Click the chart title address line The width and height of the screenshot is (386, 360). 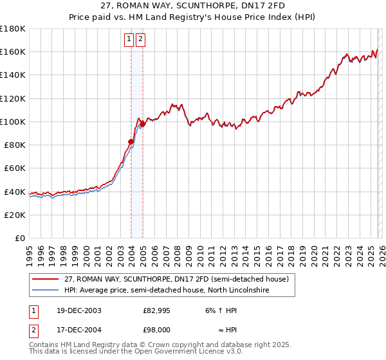(x=192, y=4)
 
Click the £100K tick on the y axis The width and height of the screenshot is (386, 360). (x=13, y=122)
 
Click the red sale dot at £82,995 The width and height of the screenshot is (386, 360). (x=131, y=141)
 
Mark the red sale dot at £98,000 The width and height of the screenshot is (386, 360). (x=142, y=124)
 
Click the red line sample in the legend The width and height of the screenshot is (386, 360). (x=46, y=280)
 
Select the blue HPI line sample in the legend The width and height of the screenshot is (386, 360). (x=46, y=290)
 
